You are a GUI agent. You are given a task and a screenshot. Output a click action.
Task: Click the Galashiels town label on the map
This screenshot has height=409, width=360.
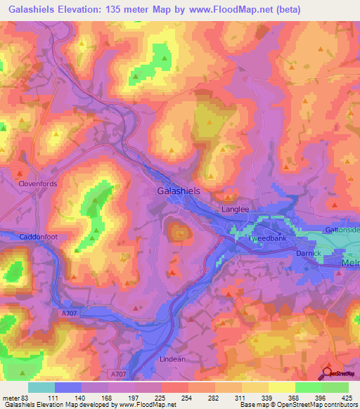(180, 191)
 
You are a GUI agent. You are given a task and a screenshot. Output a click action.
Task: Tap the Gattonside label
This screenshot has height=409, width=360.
(342, 231)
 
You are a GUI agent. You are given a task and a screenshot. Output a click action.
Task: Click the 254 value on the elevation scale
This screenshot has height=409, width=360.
(187, 398)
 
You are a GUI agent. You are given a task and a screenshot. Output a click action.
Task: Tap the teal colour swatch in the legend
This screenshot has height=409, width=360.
(41, 387)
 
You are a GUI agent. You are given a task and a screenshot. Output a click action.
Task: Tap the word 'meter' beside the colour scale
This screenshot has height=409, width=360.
(12, 398)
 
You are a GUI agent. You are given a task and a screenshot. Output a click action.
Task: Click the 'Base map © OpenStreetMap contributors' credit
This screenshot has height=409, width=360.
(296, 405)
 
